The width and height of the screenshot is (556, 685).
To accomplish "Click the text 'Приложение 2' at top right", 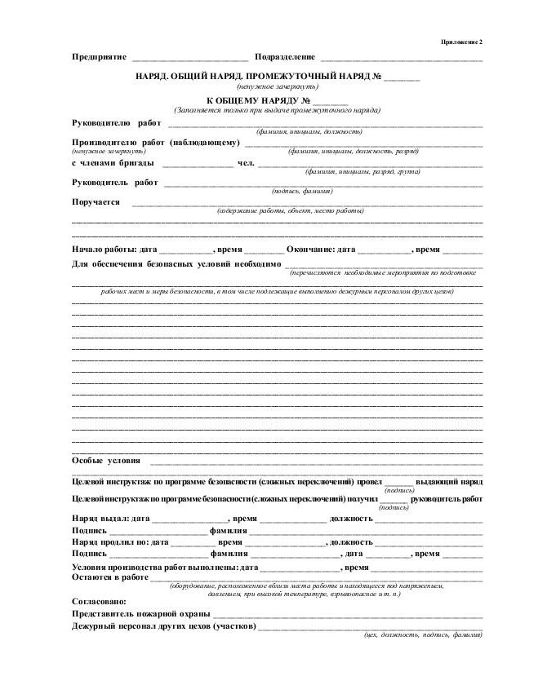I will click(x=462, y=42).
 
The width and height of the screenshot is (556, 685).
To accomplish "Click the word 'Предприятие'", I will click(x=99, y=57).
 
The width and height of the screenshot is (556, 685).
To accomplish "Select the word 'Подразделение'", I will click(x=285, y=57).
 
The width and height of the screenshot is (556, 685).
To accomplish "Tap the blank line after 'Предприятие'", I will click(x=190, y=59).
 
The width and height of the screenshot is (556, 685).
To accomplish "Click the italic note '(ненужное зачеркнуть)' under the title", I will click(x=278, y=86).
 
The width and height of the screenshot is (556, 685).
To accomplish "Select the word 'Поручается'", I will click(x=96, y=202).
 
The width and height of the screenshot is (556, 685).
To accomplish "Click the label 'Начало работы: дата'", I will click(x=114, y=249).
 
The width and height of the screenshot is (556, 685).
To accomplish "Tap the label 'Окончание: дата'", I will click(x=321, y=249).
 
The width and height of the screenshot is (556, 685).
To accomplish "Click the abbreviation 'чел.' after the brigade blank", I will click(x=247, y=162).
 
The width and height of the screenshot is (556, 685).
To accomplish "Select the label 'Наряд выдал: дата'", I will click(x=111, y=519).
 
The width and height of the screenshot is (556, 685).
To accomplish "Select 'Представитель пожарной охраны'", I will click(x=141, y=614).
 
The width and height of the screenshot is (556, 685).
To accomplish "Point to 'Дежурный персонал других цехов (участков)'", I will click(x=164, y=626).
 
